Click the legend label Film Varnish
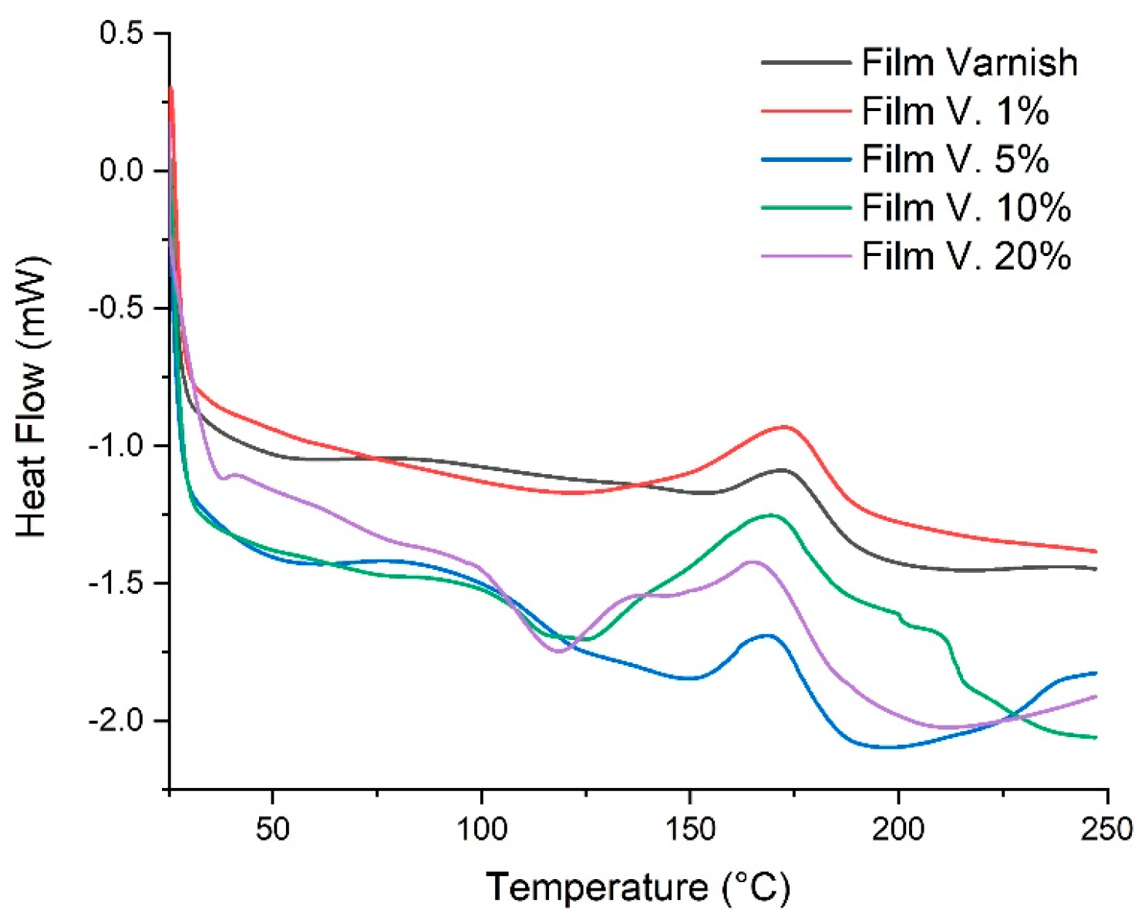tap(969, 62)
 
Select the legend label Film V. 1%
tap(955, 111)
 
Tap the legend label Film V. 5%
tap(955, 160)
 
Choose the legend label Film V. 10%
tap(966, 208)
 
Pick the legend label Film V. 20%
tap(966, 256)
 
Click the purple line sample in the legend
tap(806, 256)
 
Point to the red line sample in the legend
tap(806, 111)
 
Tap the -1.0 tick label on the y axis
tap(117, 446)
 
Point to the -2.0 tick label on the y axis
tap(117, 720)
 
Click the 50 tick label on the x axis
tap(273, 829)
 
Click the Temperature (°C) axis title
tap(638, 888)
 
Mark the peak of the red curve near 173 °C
tap(785, 426)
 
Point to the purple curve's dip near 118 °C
tap(558, 652)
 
